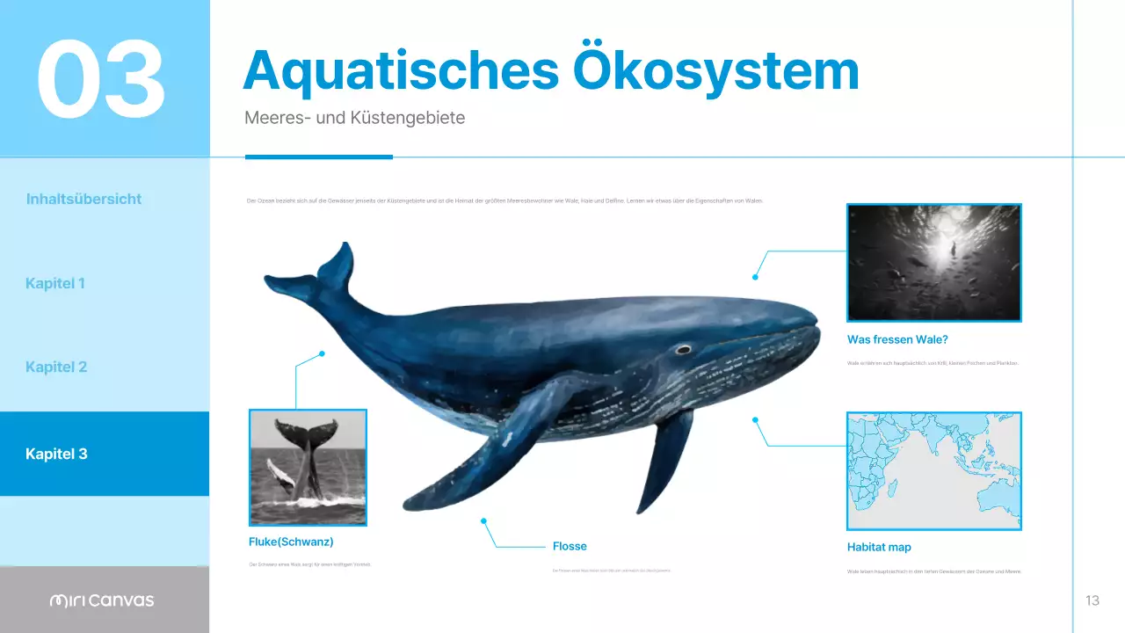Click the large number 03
[x=101, y=79]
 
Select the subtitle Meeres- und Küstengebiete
[x=354, y=118]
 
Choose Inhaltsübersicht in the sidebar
[x=83, y=199]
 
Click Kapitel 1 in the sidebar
[x=55, y=283]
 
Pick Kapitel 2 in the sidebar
[x=56, y=367]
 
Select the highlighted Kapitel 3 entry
[x=56, y=454]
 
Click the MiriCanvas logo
[x=101, y=600]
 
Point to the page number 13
[x=1092, y=600]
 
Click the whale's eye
[x=683, y=349]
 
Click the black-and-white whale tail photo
[x=308, y=459]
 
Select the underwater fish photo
[x=933, y=263]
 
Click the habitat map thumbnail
[x=933, y=470]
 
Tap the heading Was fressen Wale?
[x=897, y=339]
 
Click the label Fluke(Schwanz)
[x=291, y=542]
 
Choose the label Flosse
[x=570, y=546]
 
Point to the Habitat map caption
[x=879, y=547]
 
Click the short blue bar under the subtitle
[x=318, y=156]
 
